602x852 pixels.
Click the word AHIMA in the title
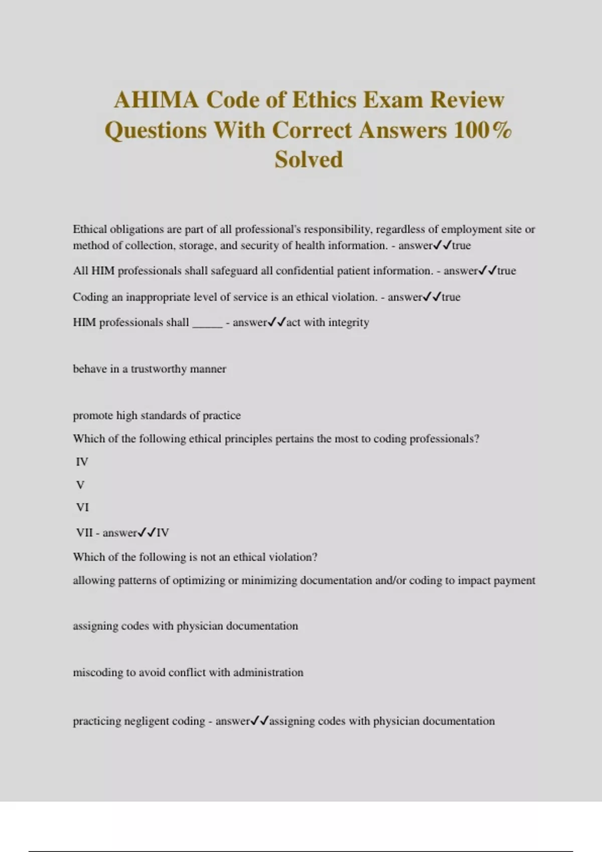tap(156, 100)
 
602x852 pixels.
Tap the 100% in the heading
tap(483, 130)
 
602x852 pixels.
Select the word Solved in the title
tap(309, 159)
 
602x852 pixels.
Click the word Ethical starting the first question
tap(90, 229)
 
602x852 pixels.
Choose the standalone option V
tap(80, 485)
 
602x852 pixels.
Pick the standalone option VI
tap(82, 507)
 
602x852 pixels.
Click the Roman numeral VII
tap(84, 532)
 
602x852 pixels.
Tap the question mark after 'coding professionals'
tap(477, 439)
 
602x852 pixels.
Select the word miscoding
tap(98, 673)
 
